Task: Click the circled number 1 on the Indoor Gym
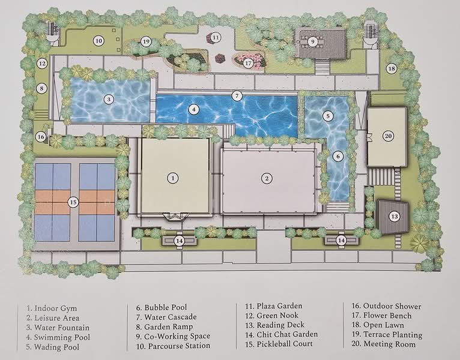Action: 172,178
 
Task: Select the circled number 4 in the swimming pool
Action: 193,109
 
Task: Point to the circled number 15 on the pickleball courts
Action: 73,202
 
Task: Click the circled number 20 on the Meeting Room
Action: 388,136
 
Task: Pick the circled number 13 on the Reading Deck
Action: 394,216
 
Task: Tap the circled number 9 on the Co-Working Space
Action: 313,41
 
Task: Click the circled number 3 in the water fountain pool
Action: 109,99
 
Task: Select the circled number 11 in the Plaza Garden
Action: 216,37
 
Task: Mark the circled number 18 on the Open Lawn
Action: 392,68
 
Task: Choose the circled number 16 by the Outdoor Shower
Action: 41,137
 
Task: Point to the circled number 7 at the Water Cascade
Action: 237,95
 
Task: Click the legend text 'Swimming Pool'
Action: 55,338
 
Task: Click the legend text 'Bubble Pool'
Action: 162,307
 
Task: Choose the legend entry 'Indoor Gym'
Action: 51,308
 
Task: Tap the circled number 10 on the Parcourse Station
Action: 98,41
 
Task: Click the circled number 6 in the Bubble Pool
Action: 338,156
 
